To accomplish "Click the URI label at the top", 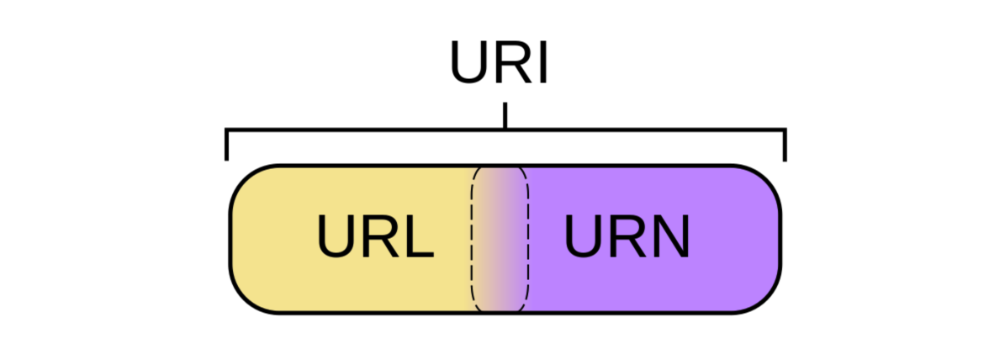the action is point(498,63).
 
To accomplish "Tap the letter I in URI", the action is point(543,63).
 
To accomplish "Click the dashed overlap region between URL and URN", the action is point(500,239).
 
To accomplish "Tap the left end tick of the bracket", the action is point(226,145).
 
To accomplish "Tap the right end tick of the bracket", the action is point(785,145).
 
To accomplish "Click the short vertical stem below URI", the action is point(505,116).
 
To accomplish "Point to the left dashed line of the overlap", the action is point(472,239).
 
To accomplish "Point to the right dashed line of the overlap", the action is point(527,239).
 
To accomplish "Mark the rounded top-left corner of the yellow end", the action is point(245,180).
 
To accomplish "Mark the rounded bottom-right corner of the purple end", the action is point(766,298).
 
